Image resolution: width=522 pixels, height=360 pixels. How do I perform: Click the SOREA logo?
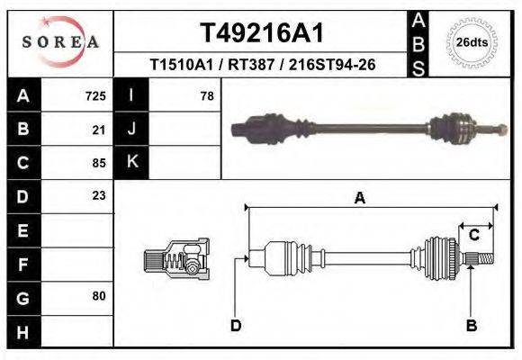(x=60, y=42)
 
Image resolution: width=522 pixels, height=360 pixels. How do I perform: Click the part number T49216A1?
(x=261, y=33)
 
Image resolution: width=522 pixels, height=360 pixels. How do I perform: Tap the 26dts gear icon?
(x=472, y=41)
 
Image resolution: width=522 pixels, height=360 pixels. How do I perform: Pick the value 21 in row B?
(x=99, y=129)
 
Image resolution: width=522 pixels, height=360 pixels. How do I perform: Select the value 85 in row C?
(x=99, y=162)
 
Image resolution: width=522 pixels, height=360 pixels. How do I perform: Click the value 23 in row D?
(x=99, y=195)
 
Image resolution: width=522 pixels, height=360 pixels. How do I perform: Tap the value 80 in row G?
(x=99, y=295)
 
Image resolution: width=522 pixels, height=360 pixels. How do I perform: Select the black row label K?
(x=131, y=162)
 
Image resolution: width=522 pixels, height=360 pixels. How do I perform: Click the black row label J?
(x=131, y=129)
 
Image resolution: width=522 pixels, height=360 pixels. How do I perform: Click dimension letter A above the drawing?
(x=359, y=199)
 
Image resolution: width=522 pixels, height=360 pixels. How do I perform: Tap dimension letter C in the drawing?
(x=473, y=235)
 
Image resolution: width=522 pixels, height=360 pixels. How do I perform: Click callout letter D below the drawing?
(x=236, y=326)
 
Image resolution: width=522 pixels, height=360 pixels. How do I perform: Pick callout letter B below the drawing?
(x=471, y=326)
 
